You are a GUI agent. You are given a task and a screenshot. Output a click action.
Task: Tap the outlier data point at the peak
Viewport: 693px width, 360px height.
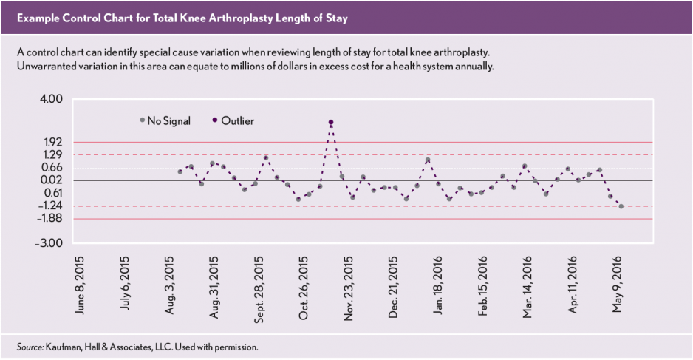(331, 122)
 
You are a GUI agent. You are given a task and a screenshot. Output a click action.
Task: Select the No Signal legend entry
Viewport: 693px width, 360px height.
(165, 120)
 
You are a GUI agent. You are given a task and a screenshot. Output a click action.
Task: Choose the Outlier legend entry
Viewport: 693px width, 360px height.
(233, 120)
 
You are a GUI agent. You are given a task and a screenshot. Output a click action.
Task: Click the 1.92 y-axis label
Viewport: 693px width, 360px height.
(53, 142)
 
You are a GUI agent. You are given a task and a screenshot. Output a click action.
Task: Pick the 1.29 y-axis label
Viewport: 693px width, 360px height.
(53, 155)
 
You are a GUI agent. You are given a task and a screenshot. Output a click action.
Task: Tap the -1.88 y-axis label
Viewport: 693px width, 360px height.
(52, 219)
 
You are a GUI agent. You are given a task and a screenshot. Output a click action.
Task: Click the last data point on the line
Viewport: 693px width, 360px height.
(621, 206)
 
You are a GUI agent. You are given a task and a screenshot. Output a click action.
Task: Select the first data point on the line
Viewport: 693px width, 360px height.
(180, 171)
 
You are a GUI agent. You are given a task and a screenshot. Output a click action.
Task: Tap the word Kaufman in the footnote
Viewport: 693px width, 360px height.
(61, 346)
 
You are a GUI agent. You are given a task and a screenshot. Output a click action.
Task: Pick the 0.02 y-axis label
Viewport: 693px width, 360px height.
(53, 180)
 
